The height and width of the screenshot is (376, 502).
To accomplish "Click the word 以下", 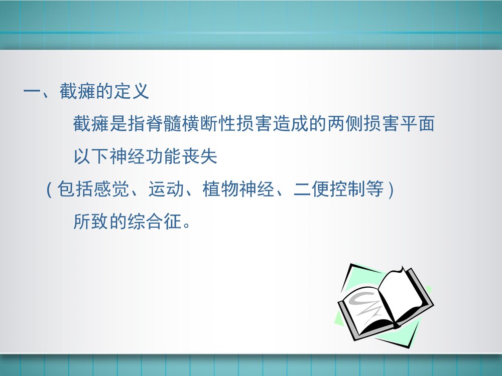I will tap(91, 156).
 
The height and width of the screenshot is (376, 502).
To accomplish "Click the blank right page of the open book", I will tap(404, 296).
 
